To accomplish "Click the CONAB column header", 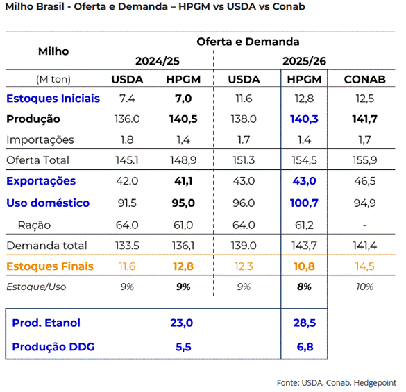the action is tap(364, 79).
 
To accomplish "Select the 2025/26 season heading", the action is tap(304, 61).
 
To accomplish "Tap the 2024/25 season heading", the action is tap(157, 61).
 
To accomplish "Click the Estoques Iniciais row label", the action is tap(53, 99).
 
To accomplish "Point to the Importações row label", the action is tap(40, 140).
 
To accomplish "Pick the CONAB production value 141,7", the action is tap(364, 119).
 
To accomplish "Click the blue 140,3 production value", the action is tap(304, 119).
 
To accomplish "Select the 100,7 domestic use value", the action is tap(304, 203).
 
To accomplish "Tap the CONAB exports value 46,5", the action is tap(364, 181).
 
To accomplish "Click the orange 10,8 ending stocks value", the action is tap(304, 266).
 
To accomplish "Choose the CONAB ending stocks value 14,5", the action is tap(364, 266).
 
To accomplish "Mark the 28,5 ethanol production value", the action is tap(305, 323).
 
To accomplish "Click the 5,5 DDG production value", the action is tap(183, 347).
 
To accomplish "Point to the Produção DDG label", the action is tap(53, 347).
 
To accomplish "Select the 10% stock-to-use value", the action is tap(364, 287).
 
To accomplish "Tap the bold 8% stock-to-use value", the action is tap(304, 287).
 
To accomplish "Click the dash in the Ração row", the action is tap(364, 225).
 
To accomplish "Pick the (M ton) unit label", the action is tap(53, 79).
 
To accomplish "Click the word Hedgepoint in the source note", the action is tap(375, 383).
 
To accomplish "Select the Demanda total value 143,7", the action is tap(304, 246).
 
